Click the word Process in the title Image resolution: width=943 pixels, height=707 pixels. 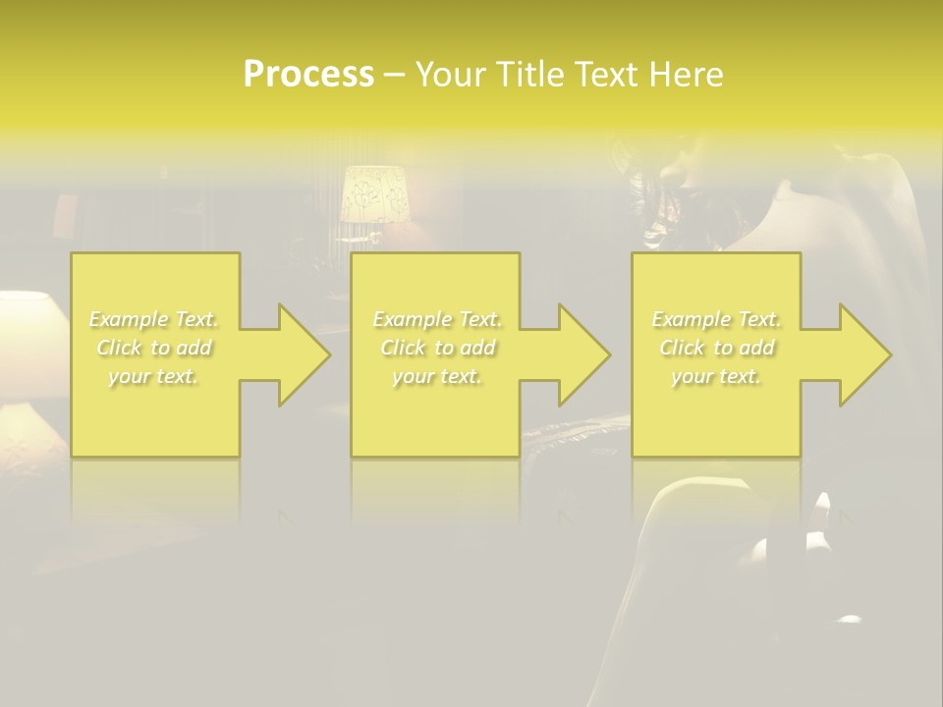308,75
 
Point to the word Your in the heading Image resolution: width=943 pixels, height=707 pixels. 451,75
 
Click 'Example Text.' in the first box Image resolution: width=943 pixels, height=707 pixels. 154,319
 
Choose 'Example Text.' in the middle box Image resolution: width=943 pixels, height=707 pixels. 437,319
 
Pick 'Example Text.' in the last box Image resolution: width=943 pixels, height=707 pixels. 716,319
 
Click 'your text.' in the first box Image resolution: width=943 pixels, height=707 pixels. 154,376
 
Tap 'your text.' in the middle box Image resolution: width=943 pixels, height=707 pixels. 437,376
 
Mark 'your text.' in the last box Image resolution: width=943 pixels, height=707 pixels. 716,376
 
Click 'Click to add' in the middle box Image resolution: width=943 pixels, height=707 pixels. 437,348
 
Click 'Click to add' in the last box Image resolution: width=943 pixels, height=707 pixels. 716,348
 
